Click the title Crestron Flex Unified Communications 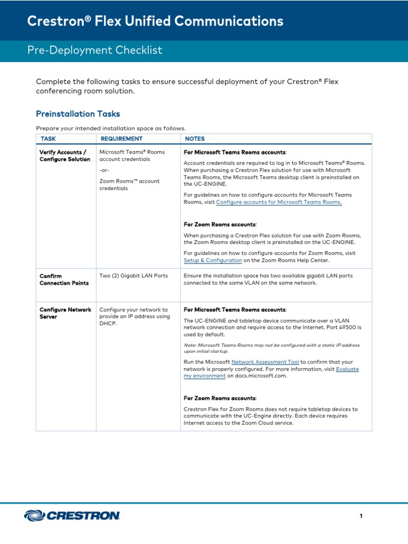pos(155,21)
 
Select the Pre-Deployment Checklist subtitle pos(95,50)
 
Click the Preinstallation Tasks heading pos(78,114)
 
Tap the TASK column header pos(48,139)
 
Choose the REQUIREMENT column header pos(121,139)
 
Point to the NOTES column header pos(194,139)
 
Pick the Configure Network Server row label pos(65,313)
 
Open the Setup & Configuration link pos(212,261)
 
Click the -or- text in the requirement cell pos(105,170)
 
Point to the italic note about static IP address pos(271,348)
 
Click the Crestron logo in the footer pos(72,515)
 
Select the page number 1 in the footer pos(361,516)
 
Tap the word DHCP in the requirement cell pos(107,324)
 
